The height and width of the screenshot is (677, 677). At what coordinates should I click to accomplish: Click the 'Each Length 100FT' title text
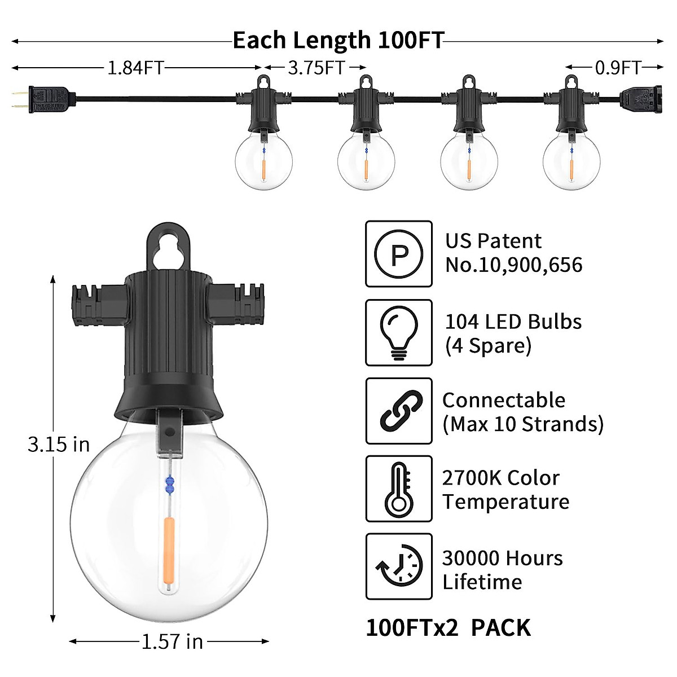pos(338,41)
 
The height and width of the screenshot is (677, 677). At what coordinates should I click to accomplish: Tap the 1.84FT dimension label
pos(135,68)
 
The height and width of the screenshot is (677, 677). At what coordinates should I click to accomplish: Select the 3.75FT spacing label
pos(316,68)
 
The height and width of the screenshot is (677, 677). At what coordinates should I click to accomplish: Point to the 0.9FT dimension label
pos(618,68)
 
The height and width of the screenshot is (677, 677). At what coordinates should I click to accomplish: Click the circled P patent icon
pos(399,254)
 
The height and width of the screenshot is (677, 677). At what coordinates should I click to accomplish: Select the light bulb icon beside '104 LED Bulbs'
pos(399,333)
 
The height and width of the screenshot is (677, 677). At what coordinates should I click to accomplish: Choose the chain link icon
pos(399,411)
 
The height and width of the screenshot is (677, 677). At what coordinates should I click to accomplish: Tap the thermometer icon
pos(399,489)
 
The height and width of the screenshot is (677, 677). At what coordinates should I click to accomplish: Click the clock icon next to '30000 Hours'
pos(399,566)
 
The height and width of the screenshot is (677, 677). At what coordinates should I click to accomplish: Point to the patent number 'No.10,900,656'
pos(513,265)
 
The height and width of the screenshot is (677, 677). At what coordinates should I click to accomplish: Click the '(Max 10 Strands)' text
pos(522,424)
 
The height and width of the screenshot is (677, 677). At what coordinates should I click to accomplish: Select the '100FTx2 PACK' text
pos(449,628)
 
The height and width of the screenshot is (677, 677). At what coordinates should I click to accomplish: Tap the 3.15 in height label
pos(59,445)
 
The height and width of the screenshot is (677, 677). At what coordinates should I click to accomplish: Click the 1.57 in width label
pos(172,641)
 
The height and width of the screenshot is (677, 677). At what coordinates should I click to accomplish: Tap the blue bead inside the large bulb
pos(169,483)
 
